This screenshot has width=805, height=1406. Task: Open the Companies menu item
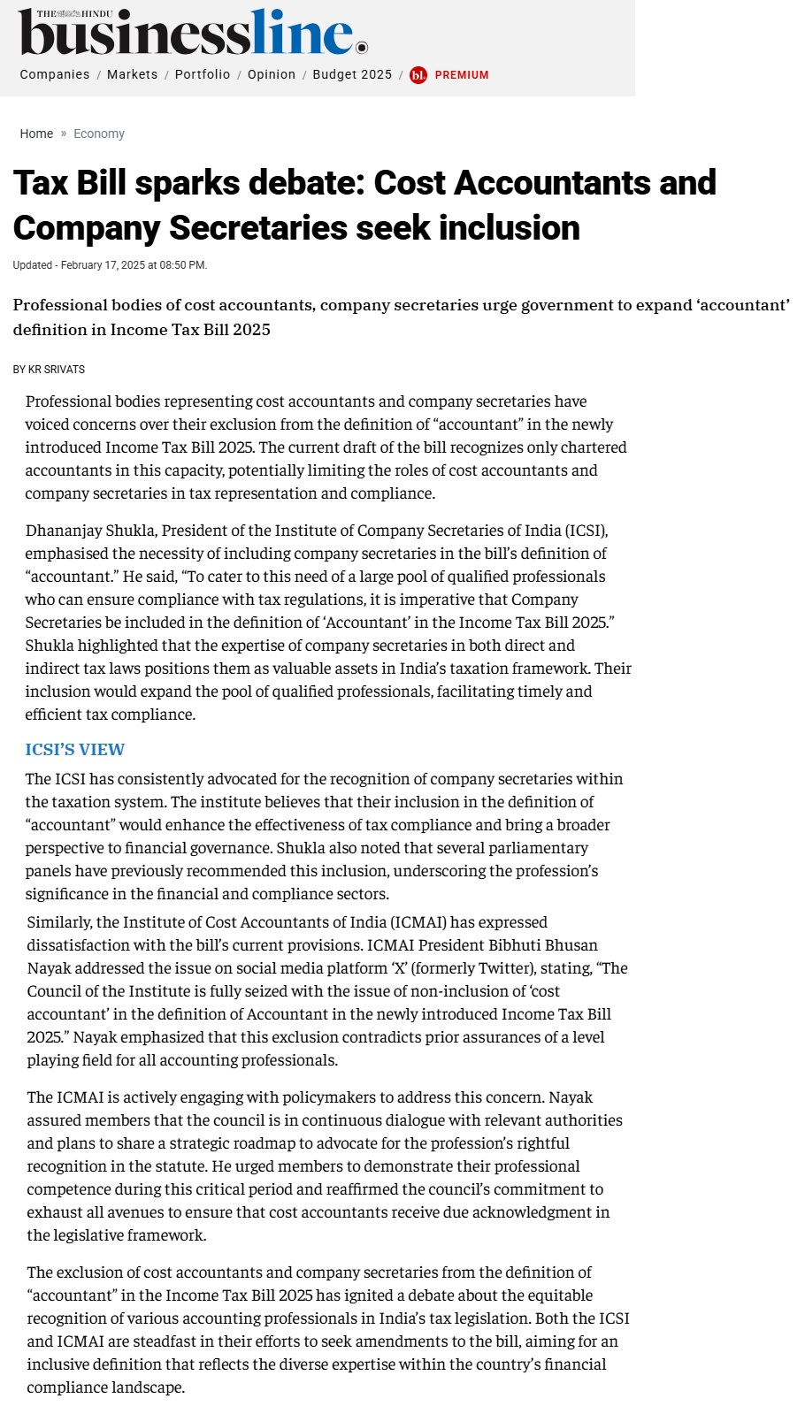pos(55,74)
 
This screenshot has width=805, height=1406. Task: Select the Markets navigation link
pos(132,74)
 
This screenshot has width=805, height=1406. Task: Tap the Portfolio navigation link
pos(203,74)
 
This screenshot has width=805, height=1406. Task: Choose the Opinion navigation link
pos(272,74)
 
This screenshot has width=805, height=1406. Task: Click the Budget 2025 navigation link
pos(352,74)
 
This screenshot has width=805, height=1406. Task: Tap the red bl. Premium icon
pos(418,75)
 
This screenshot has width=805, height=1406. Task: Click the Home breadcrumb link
pos(36,134)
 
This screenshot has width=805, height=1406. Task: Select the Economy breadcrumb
pos(99,134)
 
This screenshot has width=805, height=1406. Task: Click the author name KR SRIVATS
pos(57,370)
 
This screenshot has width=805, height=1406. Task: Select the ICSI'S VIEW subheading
pos(75,750)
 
